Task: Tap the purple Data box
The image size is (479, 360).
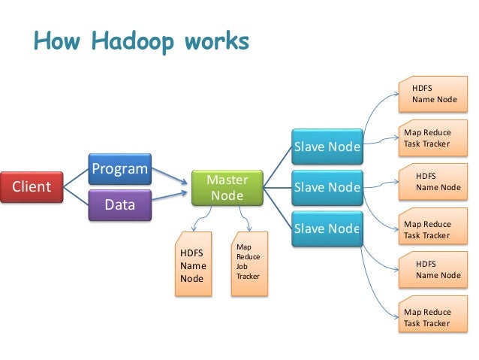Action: pos(119,204)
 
